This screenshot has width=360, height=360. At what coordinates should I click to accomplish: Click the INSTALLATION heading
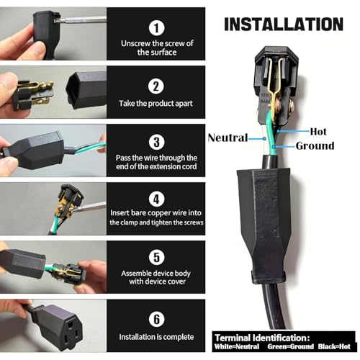pos(284,24)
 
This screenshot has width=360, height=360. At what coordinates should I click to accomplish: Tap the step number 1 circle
pos(156,27)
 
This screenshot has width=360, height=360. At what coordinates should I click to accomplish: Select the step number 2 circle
pos(156,86)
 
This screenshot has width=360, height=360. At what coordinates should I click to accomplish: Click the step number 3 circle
pos(156,142)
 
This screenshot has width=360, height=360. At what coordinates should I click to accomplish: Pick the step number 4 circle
pos(156,199)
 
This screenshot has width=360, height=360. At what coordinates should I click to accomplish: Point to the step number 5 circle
pos(156,257)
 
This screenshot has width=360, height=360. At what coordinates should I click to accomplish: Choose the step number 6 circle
pos(156,319)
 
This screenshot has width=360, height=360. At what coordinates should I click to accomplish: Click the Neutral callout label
pos(228,138)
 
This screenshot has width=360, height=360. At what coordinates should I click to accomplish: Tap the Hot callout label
pos(318,132)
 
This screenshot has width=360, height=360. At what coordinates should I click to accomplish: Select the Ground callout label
pos(315,145)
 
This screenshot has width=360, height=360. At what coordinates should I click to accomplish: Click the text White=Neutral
pos(237,346)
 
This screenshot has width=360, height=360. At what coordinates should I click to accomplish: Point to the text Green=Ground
pos(291,346)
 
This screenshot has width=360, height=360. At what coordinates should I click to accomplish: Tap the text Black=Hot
pos(334,346)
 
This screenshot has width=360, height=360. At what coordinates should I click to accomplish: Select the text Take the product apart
pos(156,104)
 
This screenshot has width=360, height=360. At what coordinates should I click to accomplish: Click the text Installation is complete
pos(156,337)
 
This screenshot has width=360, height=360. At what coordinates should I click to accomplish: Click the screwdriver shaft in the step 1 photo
pos(81,20)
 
